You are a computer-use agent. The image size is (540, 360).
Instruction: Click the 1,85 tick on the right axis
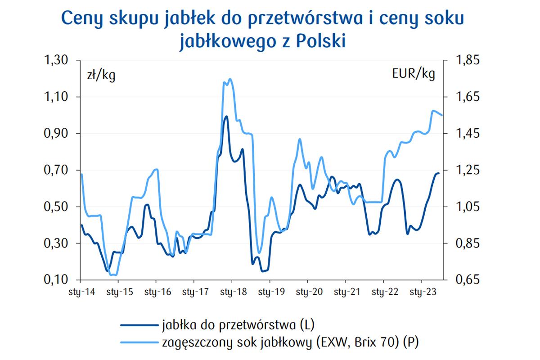tap(468, 60)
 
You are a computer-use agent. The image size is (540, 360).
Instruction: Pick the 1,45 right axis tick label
tap(468, 134)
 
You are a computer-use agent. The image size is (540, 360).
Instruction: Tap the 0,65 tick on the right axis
tap(468, 280)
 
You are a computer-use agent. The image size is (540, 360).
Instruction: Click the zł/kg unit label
tap(101, 75)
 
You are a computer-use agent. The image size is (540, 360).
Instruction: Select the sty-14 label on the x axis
tap(81, 292)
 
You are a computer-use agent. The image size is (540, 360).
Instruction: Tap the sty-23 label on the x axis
tap(421, 292)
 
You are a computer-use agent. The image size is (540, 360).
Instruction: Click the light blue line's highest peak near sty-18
tap(230, 79)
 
